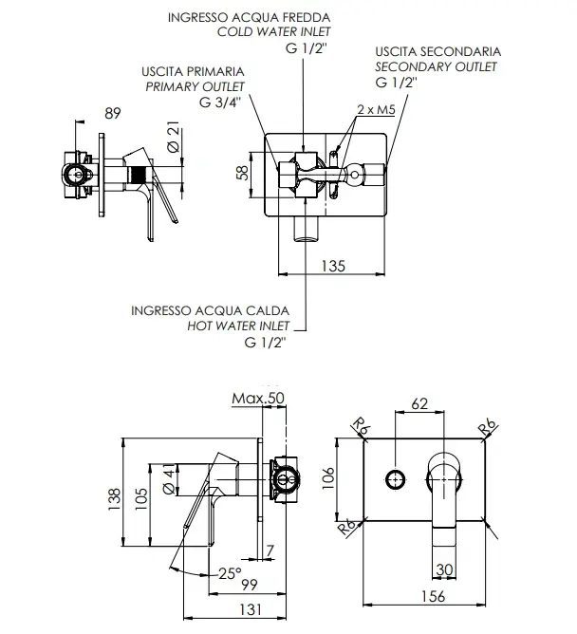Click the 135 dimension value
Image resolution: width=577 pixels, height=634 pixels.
click(333, 266)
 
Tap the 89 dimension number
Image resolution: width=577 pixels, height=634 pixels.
click(112, 114)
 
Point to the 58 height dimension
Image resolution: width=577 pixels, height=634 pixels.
click(242, 174)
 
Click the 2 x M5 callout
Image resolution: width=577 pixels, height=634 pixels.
click(376, 109)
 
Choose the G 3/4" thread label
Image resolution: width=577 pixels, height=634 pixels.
click(220, 103)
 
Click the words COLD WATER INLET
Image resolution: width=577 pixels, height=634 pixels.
click(273, 32)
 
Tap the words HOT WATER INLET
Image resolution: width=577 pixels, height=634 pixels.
click(238, 326)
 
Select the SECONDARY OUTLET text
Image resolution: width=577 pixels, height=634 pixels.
click(436, 66)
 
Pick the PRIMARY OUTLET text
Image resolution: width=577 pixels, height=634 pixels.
click(195, 86)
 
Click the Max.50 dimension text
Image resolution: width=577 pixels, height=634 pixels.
click(258, 399)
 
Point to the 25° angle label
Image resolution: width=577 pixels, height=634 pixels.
click(230, 573)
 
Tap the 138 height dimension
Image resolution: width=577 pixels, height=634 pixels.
click(115, 499)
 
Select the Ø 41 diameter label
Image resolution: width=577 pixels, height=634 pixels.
click(170, 479)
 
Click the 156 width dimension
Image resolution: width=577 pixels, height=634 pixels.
click(433, 596)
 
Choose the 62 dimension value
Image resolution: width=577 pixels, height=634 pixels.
click(419, 404)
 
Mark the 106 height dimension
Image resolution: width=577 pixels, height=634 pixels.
click(328, 478)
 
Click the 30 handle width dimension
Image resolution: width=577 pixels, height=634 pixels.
click(444, 569)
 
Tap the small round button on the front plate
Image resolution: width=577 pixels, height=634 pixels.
click(395, 480)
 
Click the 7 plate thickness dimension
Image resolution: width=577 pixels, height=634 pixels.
click(270, 550)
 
